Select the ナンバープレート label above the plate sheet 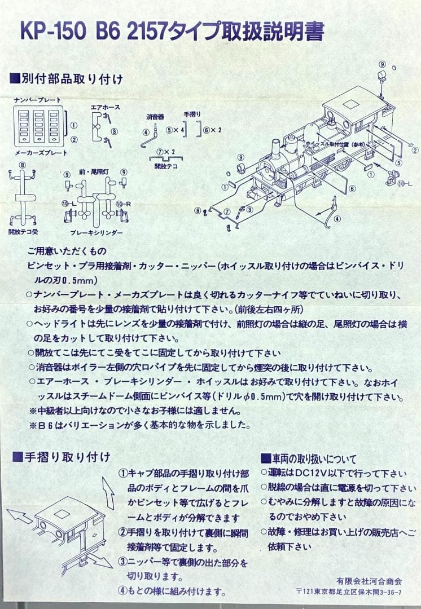[x=38, y=100]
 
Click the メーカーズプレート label [x=41, y=153]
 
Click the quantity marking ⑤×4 [x=176, y=130]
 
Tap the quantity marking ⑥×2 [x=213, y=130]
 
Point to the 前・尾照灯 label [x=94, y=170]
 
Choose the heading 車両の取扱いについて [x=308, y=457]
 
